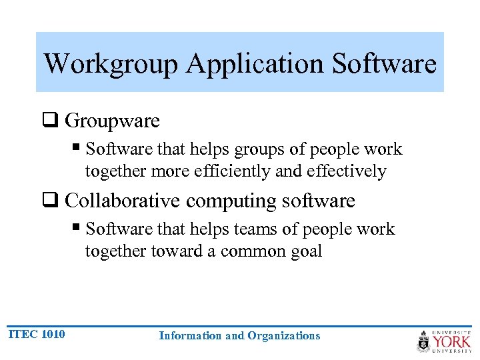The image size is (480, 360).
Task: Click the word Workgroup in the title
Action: click(x=111, y=64)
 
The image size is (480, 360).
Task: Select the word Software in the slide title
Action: click(x=384, y=64)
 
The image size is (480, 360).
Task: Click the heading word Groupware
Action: click(x=113, y=121)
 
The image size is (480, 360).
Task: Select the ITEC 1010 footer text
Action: click(x=37, y=334)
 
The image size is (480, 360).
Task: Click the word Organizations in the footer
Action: click(x=284, y=336)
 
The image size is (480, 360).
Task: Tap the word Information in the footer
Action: click(x=191, y=336)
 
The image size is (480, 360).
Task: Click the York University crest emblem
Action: click(x=424, y=341)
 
